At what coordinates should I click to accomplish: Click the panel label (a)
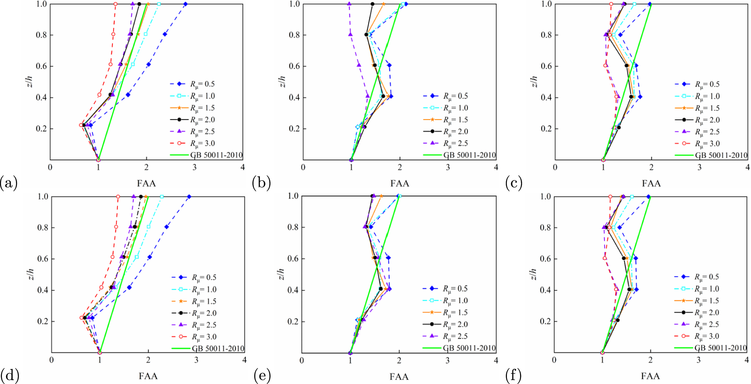[9, 183]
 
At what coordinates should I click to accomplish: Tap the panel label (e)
[262, 376]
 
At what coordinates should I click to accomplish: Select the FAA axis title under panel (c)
[651, 183]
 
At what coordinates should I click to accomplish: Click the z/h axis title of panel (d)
[31, 274]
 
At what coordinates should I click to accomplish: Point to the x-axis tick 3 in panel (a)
[195, 167]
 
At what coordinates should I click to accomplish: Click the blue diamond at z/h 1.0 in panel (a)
[185, 4]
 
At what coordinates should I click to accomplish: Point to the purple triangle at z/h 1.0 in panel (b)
[349, 4]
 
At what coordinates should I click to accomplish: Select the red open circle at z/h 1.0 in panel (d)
[118, 197]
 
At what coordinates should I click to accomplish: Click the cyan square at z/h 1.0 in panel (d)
[162, 197]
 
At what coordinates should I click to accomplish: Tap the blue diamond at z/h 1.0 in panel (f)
[648, 197]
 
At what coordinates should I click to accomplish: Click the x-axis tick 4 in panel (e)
[496, 360]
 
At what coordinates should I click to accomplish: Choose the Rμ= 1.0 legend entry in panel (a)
[202, 96]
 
